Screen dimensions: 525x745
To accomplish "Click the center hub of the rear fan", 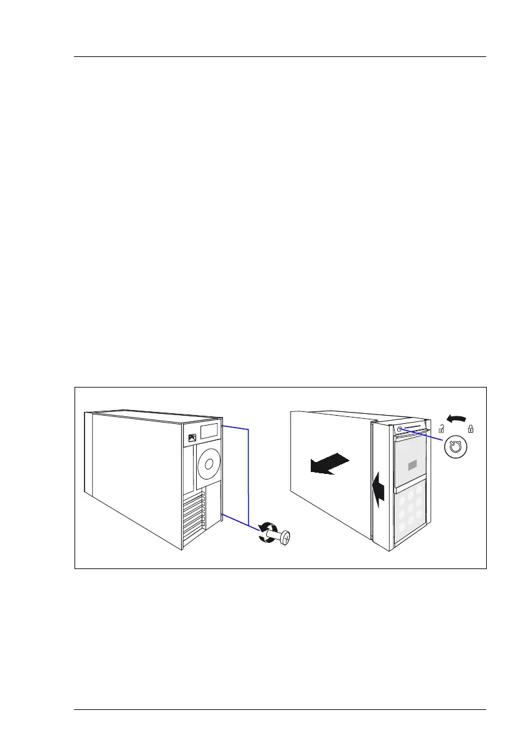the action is click(x=208, y=465).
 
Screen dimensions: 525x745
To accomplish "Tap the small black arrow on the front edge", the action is click(x=377, y=491).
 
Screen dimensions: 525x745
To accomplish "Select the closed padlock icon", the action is click(x=470, y=429).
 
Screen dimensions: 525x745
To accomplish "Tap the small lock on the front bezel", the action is click(x=400, y=430).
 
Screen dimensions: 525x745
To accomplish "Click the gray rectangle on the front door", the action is click(x=412, y=465).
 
